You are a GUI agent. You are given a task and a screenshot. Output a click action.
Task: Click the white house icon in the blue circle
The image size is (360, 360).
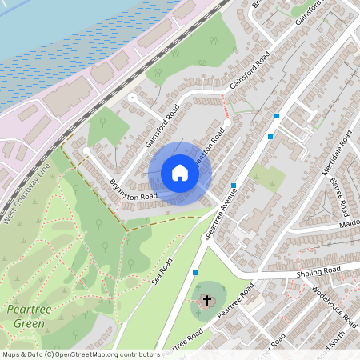click(179, 173)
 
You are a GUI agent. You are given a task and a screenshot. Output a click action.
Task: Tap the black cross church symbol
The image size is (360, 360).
click(206, 300)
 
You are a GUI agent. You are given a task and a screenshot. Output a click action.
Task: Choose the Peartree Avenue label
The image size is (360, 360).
click(218, 214)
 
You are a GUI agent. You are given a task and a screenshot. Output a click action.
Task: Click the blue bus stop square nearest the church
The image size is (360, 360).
click(195, 273)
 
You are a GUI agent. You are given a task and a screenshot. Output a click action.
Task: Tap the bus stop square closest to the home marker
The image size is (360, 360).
click(233, 186)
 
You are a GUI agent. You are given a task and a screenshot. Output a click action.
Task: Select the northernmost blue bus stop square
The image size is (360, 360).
click(276, 116)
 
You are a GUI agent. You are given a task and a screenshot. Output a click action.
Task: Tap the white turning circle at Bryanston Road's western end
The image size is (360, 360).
click(86, 150)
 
